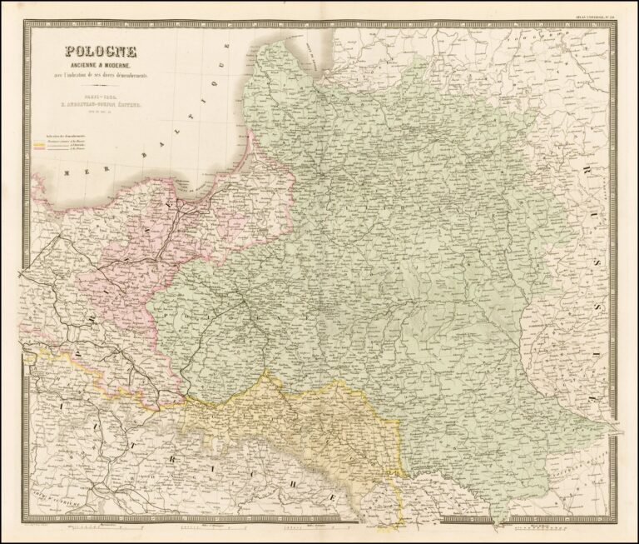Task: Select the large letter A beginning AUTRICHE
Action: (61, 406)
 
